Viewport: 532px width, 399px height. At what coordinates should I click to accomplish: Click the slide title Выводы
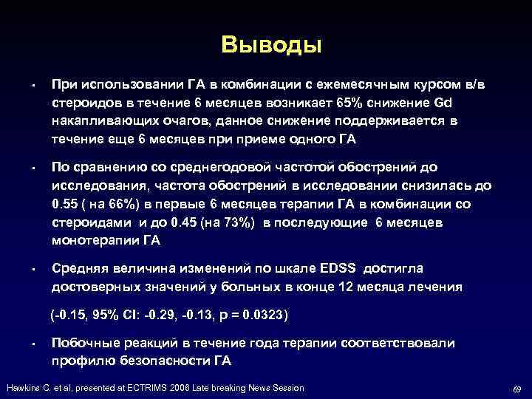271,45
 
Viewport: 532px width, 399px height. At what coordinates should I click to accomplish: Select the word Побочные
84,344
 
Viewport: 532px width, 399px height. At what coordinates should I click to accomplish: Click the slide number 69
516,389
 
